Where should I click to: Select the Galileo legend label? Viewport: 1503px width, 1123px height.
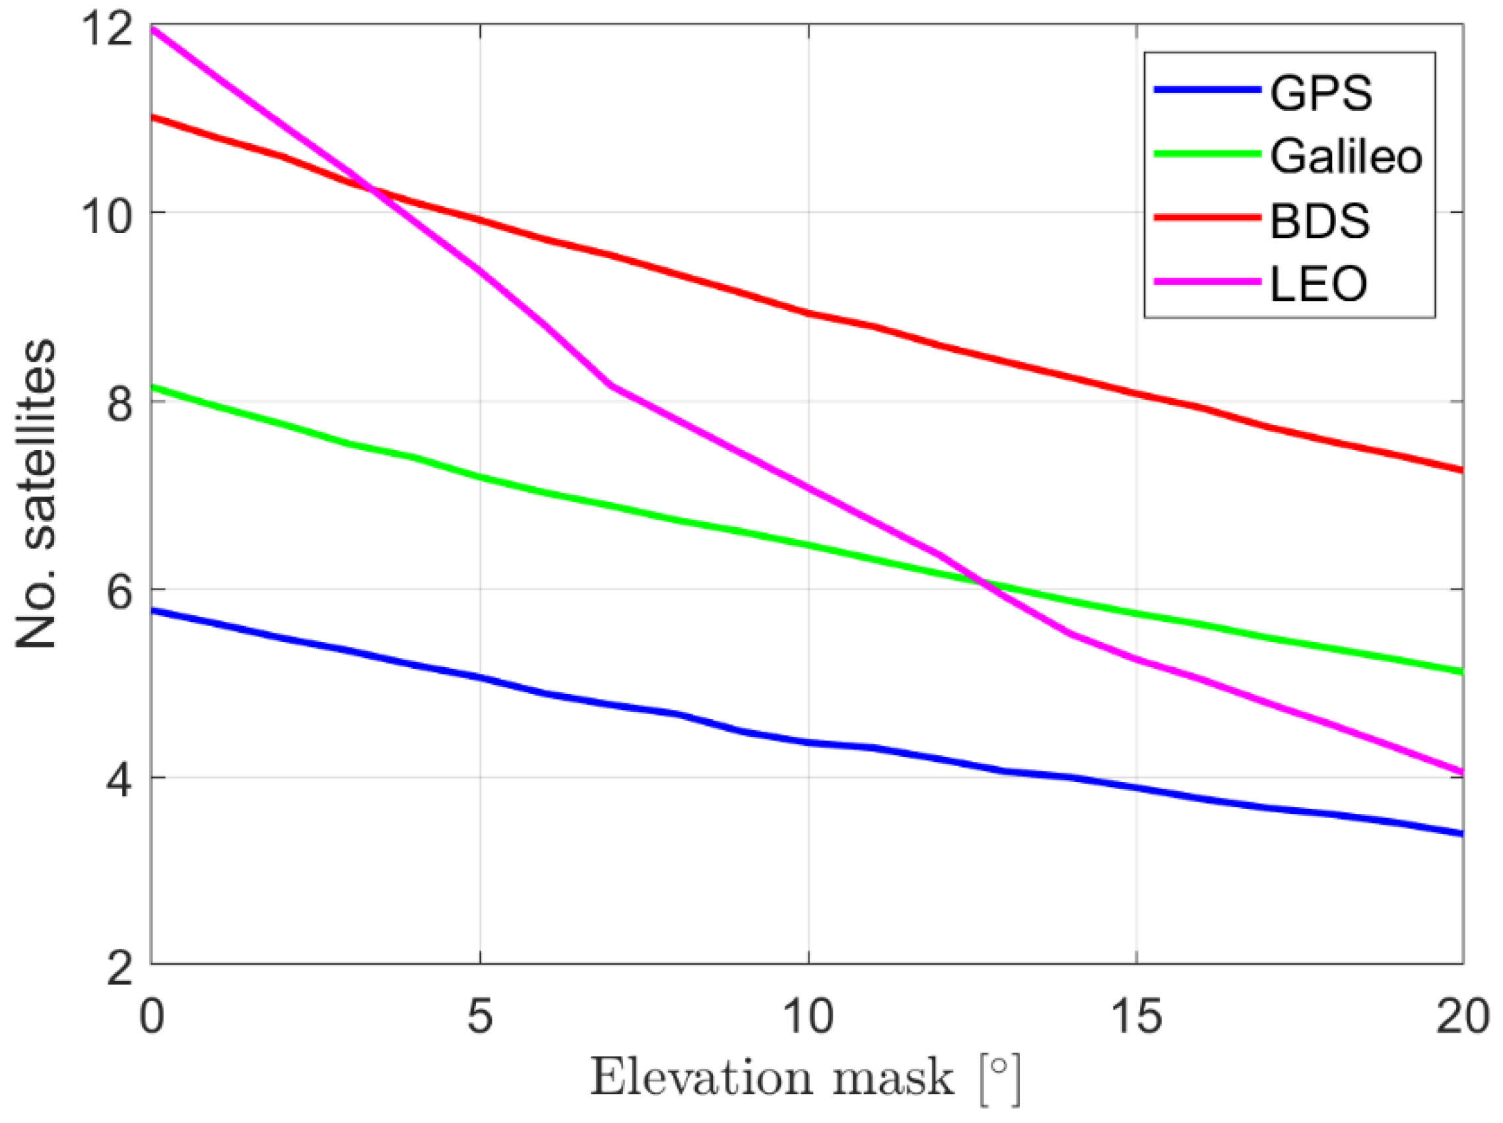[x=1346, y=156]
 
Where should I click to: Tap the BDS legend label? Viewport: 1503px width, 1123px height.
[x=1319, y=221]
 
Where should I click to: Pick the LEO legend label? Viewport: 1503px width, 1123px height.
[x=1318, y=283]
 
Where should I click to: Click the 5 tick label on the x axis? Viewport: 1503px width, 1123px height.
[x=480, y=1017]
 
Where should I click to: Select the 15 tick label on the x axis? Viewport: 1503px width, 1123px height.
[x=1136, y=1017]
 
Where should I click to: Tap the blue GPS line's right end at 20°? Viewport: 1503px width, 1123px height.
[x=1461, y=833]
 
